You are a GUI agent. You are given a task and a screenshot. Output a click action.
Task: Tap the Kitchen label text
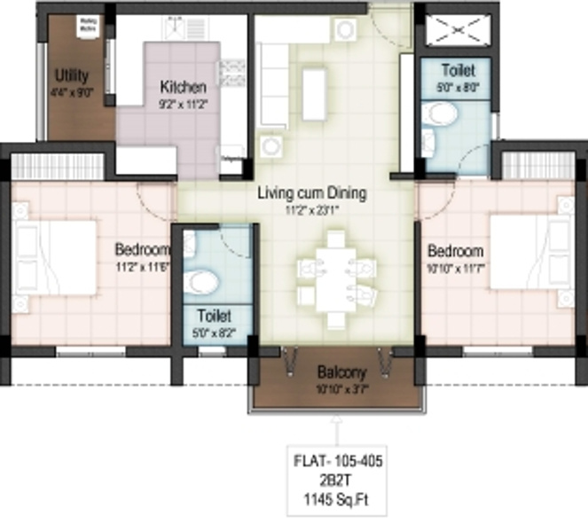click(x=183, y=87)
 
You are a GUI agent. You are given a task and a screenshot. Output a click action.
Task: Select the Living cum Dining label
click(x=311, y=192)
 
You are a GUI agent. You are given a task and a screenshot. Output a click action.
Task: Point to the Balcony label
click(x=341, y=373)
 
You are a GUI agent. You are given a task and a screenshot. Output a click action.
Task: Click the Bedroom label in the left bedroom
click(x=141, y=249)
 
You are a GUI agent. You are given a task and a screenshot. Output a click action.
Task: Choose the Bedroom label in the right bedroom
click(x=455, y=250)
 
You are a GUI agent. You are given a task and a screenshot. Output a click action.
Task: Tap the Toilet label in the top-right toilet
click(x=457, y=69)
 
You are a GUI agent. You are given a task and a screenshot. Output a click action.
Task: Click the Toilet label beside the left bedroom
click(x=214, y=315)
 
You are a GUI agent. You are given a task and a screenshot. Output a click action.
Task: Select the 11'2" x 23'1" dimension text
click(x=311, y=210)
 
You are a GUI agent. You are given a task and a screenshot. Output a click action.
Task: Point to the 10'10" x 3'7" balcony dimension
click(x=341, y=388)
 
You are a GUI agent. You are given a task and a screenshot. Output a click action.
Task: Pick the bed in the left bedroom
click(x=53, y=257)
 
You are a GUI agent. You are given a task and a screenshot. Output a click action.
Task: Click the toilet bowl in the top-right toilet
click(x=437, y=113)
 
